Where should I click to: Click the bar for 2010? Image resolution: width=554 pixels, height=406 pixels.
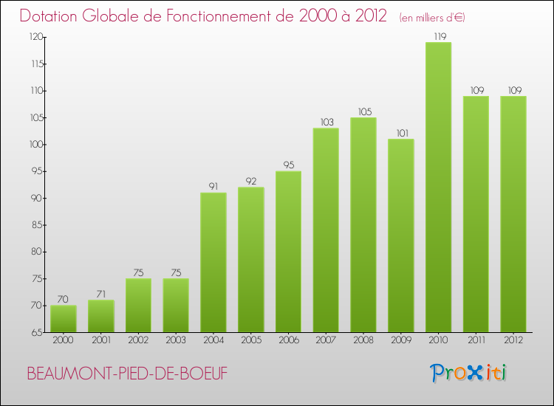coord(438,187)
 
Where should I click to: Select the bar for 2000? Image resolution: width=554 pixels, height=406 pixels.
coord(63,319)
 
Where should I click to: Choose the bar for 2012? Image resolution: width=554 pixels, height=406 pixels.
coord(513,214)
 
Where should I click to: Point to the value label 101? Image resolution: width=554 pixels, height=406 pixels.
coord(401,133)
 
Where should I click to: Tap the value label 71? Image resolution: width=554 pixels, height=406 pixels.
coord(100,294)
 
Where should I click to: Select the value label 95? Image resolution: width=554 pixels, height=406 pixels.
coord(288,165)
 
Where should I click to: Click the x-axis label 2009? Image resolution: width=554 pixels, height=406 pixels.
coord(401,341)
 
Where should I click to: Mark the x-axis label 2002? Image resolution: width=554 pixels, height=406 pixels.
coord(138,341)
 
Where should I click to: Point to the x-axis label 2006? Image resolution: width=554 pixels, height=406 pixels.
coord(288,341)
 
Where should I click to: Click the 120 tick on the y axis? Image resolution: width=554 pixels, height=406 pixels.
coord(35,37)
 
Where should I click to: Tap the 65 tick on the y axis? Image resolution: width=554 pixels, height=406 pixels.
coord(37,332)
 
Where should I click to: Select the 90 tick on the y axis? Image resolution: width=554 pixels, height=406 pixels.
coord(37,198)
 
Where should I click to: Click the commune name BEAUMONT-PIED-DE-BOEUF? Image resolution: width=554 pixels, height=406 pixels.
coord(127,374)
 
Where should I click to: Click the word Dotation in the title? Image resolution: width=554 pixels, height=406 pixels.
coord(50,16)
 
